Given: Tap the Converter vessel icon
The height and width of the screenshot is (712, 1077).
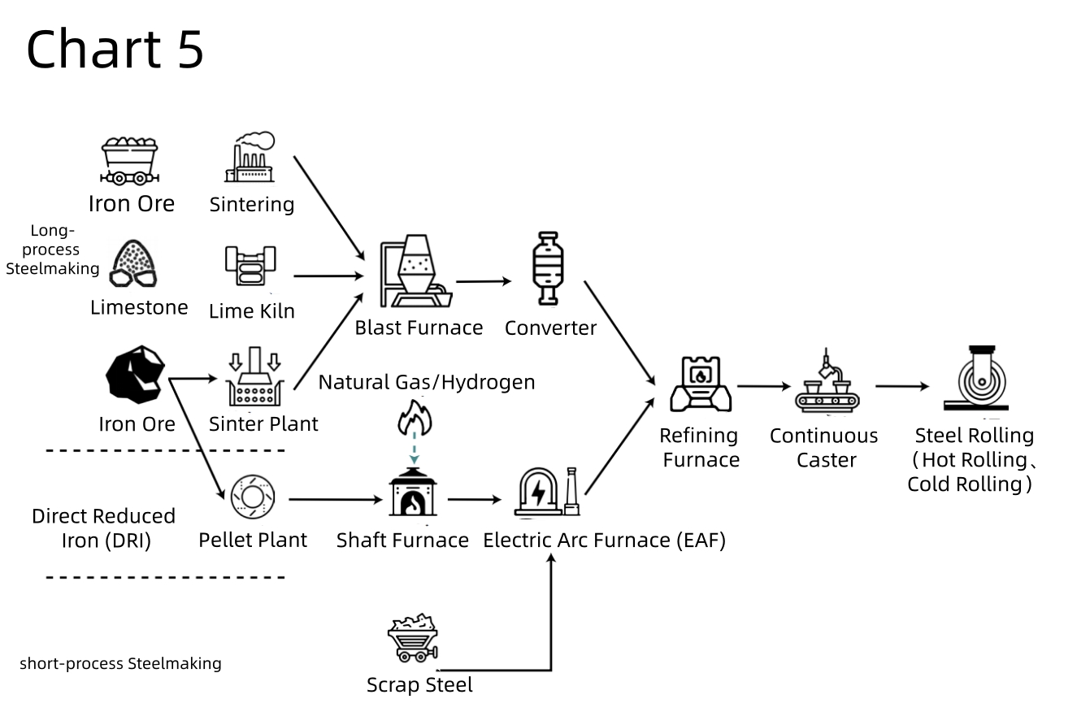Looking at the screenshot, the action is pyautogui.click(x=548, y=268).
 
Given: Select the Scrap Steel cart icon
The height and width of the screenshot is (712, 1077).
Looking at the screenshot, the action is pyautogui.click(x=413, y=637).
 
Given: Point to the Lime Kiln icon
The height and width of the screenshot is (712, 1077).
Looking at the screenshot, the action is pyautogui.click(x=250, y=266).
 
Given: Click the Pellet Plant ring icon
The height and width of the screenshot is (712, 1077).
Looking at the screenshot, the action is pyautogui.click(x=253, y=497).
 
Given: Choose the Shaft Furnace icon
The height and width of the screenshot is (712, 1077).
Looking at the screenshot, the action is pyautogui.click(x=413, y=492).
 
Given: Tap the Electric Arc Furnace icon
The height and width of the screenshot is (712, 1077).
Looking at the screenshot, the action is pyautogui.click(x=547, y=492).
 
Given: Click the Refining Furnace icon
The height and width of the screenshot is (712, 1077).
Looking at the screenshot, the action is pyautogui.click(x=701, y=384).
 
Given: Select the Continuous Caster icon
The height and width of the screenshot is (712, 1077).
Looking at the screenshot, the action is pyautogui.click(x=827, y=380).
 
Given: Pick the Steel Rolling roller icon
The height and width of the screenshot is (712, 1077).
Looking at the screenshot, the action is pyautogui.click(x=976, y=378).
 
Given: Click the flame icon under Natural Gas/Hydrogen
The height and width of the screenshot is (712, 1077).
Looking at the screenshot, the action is pyautogui.click(x=415, y=417).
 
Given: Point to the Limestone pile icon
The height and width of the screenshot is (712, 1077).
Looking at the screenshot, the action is pyautogui.click(x=132, y=263).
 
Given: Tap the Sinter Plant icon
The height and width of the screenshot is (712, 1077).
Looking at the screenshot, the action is pyautogui.click(x=255, y=376).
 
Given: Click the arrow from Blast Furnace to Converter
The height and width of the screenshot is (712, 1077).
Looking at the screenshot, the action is pyautogui.click(x=483, y=281).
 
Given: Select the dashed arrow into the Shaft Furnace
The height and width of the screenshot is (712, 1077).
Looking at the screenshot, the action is pyautogui.click(x=415, y=448).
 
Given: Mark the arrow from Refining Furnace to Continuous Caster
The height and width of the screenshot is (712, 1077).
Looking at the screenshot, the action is pyautogui.click(x=763, y=386).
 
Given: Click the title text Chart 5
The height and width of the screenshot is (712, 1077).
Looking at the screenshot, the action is pyautogui.click(x=115, y=49).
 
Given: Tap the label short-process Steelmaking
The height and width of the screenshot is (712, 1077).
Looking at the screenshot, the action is pyautogui.click(x=120, y=663).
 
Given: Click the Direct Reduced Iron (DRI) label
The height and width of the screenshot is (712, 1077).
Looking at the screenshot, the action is pyautogui.click(x=103, y=527).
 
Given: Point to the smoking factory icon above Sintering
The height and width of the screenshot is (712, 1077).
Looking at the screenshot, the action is pyautogui.click(x=250, y=157).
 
